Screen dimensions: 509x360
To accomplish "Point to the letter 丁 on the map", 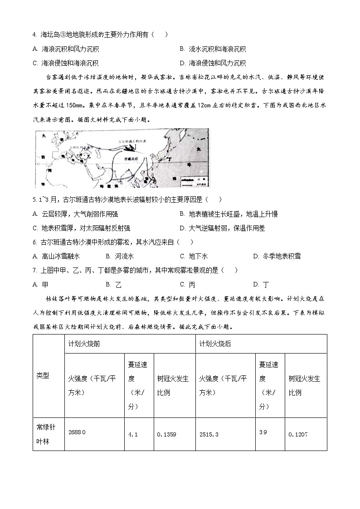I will pos(170,160).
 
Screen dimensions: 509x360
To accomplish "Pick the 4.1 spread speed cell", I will pos(133,434).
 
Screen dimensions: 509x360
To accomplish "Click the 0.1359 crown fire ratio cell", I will pos(166,434).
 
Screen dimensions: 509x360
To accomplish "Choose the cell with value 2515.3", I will pos(209,434).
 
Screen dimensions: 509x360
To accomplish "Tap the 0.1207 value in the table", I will pos(298,434).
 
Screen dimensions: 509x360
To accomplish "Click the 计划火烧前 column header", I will pos(84,344).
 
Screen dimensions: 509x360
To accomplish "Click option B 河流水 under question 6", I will pos(125,256).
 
